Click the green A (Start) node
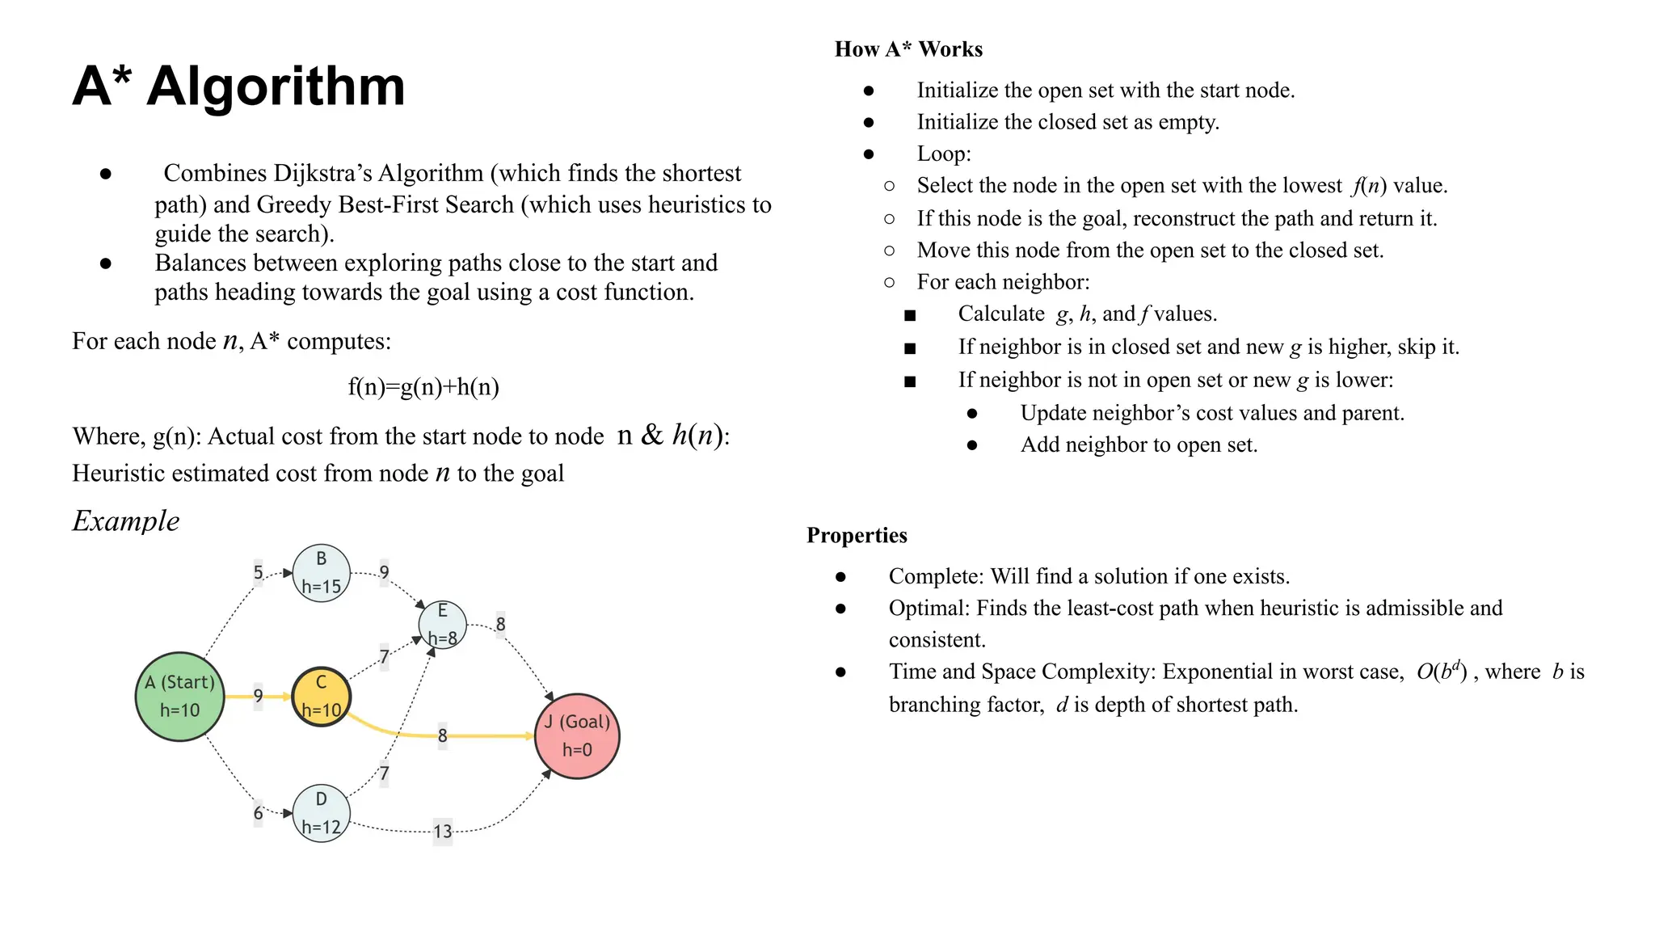(179, 696)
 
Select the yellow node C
(321, 696)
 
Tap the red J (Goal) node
(577, 735)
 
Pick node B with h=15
(321, 573)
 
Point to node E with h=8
(442, 625)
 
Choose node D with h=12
(321, 813)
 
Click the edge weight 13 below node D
(442, 831)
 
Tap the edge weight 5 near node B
(258, 573)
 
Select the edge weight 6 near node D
(258, 813)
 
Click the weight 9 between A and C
(258, 696)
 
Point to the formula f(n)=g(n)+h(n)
(423, 387)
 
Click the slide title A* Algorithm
(238, 86)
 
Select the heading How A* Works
(908, 49)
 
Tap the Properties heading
(857, 535)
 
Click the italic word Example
(126, 520)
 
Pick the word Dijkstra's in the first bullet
(322, 173)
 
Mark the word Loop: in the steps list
(944, 154)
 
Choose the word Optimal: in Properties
(929, 608)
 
